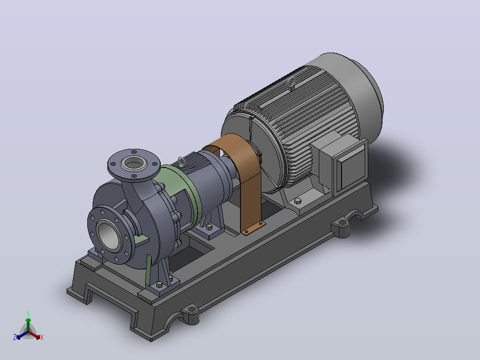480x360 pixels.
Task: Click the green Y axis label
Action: tap(28, 313)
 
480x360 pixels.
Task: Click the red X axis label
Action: tap(42, 337)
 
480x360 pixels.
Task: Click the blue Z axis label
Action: tap(15, 337)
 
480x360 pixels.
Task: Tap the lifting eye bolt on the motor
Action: tap(292, 83)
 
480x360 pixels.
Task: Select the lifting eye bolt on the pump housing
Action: tap(182, 161)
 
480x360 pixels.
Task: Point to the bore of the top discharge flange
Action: tap(134, 164)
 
